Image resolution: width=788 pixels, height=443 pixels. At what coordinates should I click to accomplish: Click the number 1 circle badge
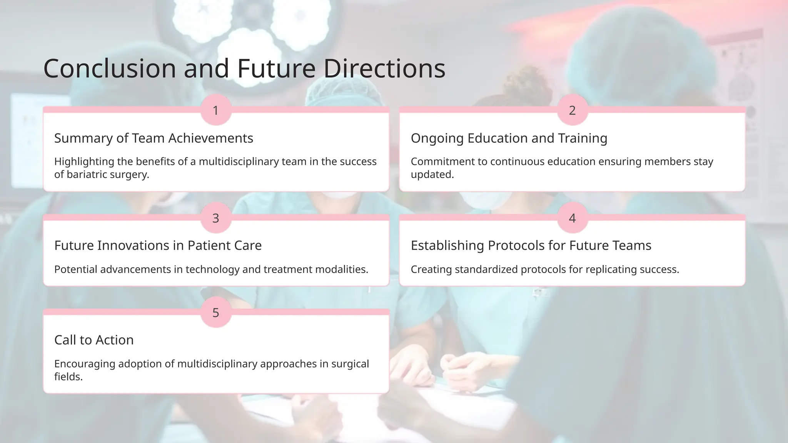click(216, 110)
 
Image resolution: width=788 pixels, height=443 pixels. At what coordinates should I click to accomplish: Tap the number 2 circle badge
click(572, 110)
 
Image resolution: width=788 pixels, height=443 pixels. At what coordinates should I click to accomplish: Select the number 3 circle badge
click(216, 218)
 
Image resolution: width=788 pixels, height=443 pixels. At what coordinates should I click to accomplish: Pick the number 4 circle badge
click(572, 218)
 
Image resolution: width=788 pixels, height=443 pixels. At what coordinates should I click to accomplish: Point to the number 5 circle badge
click(216, 313)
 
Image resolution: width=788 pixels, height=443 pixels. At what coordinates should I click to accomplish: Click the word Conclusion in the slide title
click(110, 68)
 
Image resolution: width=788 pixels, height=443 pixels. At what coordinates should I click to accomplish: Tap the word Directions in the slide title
click(384, 68)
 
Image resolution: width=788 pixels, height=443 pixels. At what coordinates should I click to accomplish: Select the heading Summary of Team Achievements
click(154, 138)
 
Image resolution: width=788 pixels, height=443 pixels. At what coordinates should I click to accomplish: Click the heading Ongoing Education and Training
click(509, 138)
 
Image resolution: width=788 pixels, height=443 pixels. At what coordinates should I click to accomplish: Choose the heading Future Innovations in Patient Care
click(158, 245)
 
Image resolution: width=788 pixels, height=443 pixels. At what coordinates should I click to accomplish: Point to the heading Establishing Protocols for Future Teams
click(531, 245)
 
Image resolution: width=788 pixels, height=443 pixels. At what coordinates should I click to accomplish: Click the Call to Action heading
click(94, 340)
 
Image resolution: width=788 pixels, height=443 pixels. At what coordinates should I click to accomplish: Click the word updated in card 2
click(432, 175)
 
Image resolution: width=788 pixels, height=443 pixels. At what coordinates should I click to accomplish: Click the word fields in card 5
click(68, 377)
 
